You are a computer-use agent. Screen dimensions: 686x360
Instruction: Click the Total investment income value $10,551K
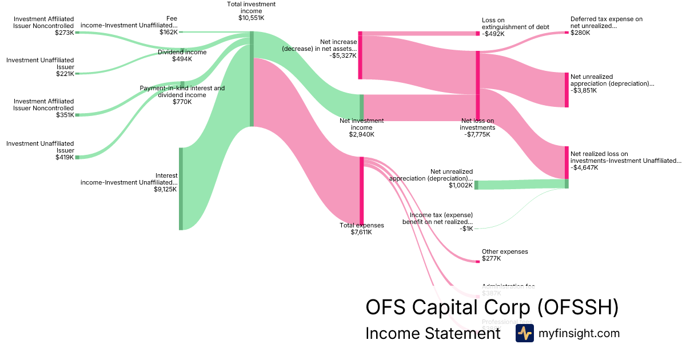pos(251,18)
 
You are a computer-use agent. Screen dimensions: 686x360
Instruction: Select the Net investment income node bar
pos(361,107)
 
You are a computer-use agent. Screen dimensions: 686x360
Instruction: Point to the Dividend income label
pos(182,52)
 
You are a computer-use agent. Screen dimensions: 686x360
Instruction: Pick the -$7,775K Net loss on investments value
pos(477,135)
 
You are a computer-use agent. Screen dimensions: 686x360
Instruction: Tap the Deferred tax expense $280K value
pos(580,33)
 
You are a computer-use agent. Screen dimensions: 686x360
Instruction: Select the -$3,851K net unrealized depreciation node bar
pos(567,90)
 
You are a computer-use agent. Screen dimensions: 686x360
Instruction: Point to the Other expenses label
pos(505,251)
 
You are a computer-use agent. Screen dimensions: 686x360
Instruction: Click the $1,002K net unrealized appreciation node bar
pos(476,185)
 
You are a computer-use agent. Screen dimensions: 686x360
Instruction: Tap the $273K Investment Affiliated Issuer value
pos(65,33)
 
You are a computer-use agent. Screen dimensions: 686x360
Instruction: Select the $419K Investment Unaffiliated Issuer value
pos(65,157)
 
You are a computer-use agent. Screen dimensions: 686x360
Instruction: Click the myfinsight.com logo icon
pos(524,333)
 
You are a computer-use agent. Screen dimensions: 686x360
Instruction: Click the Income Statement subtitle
pos(433,333)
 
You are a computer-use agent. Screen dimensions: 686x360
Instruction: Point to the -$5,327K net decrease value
pos(343,56)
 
